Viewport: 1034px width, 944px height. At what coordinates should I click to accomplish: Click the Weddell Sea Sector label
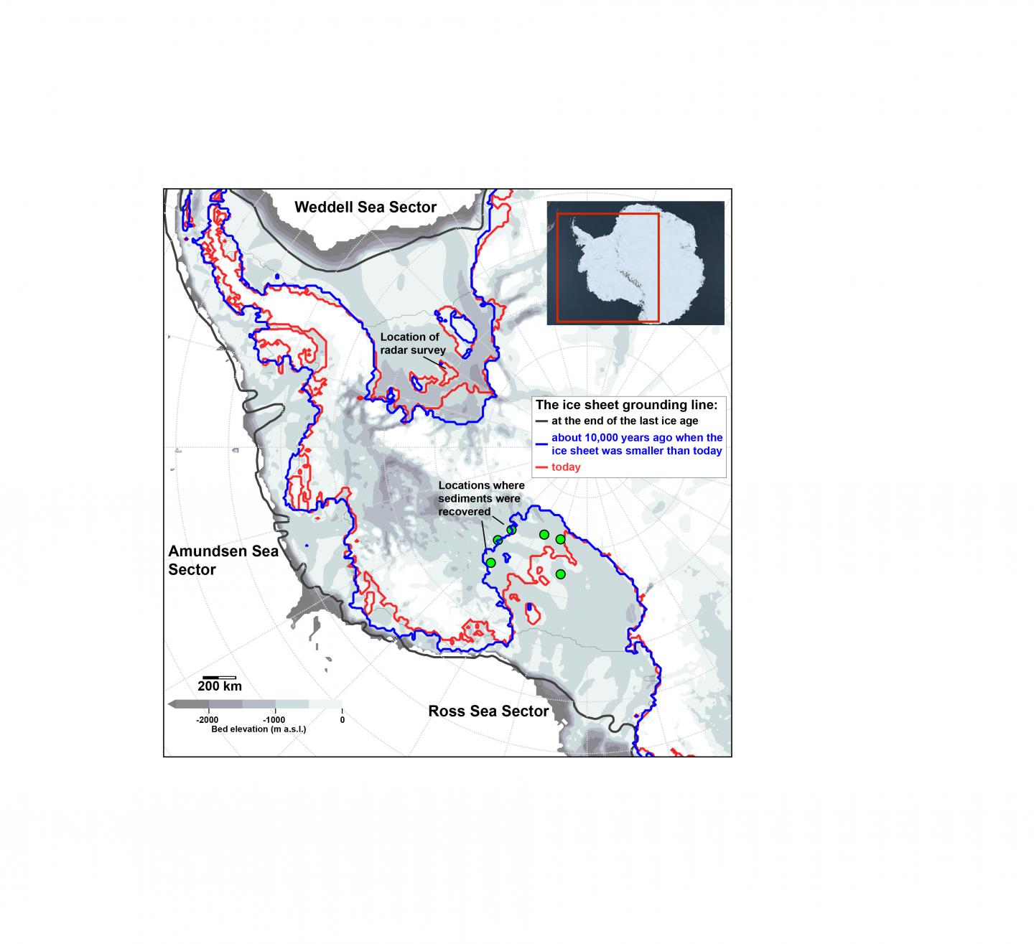click(365, 207)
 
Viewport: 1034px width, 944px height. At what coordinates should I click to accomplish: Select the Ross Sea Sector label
click(488, 711)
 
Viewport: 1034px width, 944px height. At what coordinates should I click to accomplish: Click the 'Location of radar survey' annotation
click(413, 344)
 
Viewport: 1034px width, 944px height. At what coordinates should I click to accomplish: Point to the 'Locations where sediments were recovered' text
click(481, 499)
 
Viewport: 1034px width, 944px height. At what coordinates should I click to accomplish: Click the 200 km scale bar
click(220, 677)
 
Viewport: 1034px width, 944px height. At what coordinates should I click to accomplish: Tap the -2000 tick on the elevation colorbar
click(208, 719)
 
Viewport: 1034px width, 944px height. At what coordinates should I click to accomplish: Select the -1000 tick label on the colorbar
click(274, 719)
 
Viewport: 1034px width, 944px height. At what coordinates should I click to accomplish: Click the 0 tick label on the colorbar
click(342, 719)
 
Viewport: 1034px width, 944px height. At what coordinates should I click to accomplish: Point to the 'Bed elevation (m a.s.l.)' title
click(258, 729)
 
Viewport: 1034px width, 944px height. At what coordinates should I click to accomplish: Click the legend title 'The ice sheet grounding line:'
click(631, 405)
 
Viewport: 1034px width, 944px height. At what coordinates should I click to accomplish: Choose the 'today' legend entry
click(566, 467)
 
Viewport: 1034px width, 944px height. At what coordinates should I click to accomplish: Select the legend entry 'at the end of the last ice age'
click(624, 421)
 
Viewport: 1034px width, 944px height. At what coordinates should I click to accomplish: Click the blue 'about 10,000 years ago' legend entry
click(636, 444)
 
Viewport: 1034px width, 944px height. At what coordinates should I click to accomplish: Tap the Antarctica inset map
click(635, 263)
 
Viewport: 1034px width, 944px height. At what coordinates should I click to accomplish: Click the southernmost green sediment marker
click(561, 574)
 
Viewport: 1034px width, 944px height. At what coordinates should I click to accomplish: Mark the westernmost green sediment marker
click(490, 562)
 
